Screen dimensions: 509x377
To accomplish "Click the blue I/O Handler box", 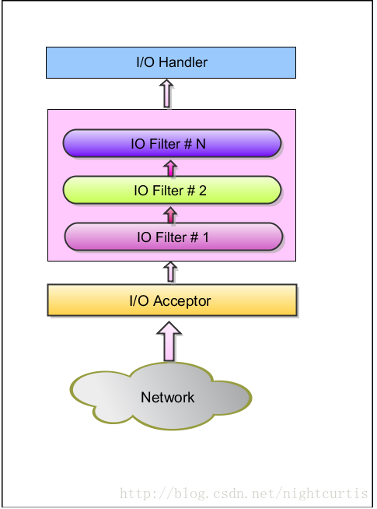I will pyautogui.click(x=171, y=62).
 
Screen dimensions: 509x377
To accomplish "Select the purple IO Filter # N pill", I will pyautogui.click(x=171, y=144).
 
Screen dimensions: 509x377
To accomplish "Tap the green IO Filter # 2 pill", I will pyautogui.click(x=171, y=191).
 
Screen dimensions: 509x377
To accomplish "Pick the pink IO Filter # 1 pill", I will pyautogui.click(x=173, y=237).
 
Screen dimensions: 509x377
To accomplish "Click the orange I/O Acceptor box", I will pyautogui.click(x=172, y=300).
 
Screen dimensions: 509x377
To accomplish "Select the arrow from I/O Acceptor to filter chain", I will pyautogui.click(x=169, y=272).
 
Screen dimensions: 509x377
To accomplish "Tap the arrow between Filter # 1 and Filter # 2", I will pyautogui.click(x=169, y=214).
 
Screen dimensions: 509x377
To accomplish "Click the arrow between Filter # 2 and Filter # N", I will pyautogui.click(x=169, y=168).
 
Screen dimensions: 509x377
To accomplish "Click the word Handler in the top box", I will pyautogui.click(x=185, y=62).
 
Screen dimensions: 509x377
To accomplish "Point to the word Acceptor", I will pyautogui.click(x=183, y=301).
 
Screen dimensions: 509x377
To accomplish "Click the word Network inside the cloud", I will pyautogui.click(x=168, y=398).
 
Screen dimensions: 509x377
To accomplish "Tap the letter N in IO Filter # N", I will pyautogui.click(x=201, y=144).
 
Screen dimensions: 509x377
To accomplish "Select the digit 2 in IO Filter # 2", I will pyautogui.click(x=203, y=191).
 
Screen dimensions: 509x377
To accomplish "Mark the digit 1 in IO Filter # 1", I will pyautogui.click(x=205, y=237).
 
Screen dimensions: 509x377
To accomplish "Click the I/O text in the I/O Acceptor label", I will pyautogui.click(x=140, y=301).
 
